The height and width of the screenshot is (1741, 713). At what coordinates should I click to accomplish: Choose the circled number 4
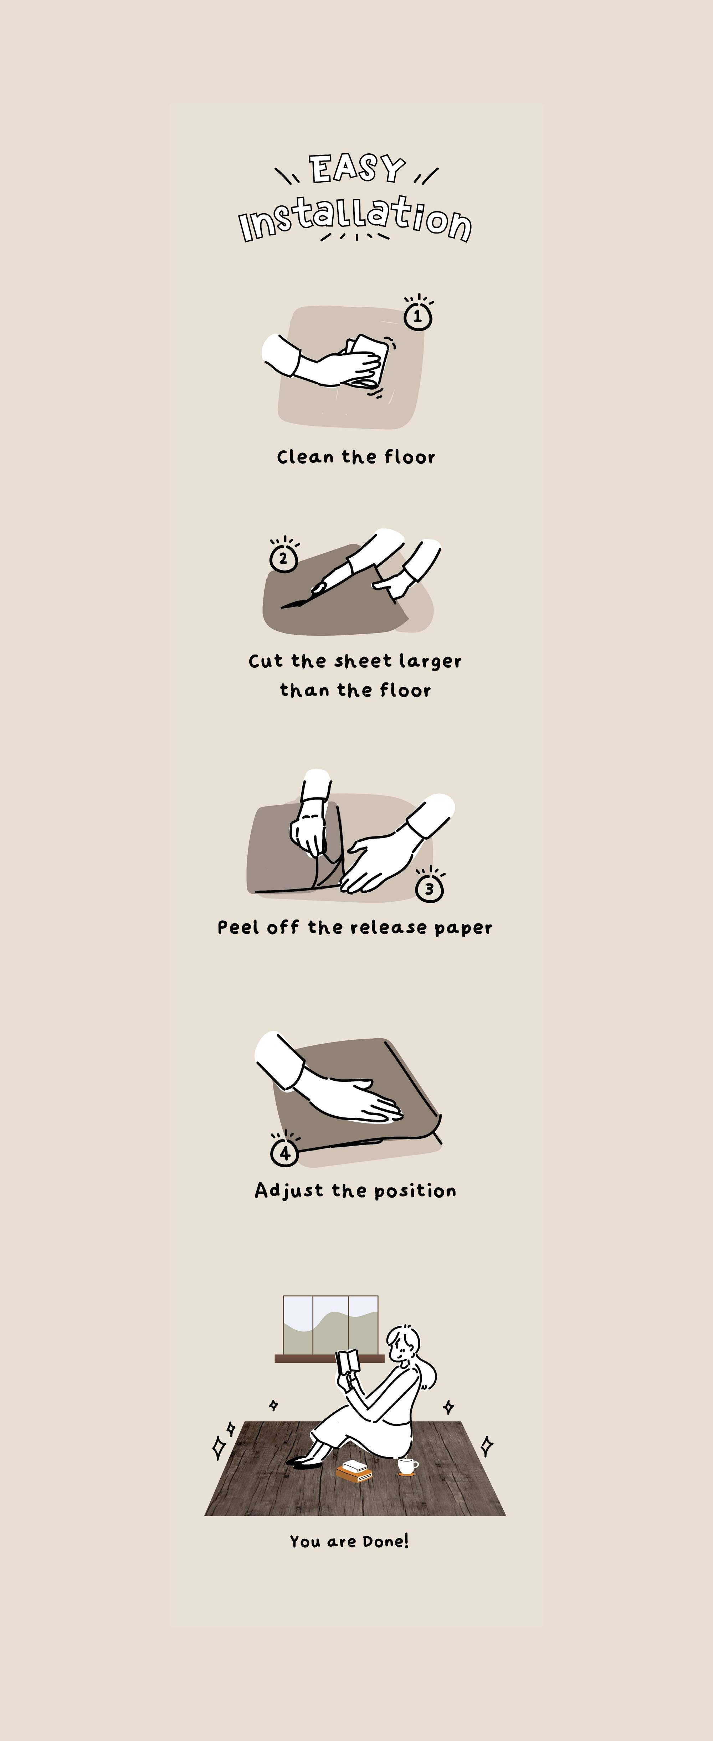[x=284, y=1153]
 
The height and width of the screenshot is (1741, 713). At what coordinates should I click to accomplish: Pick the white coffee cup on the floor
[x=406, y=1466]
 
